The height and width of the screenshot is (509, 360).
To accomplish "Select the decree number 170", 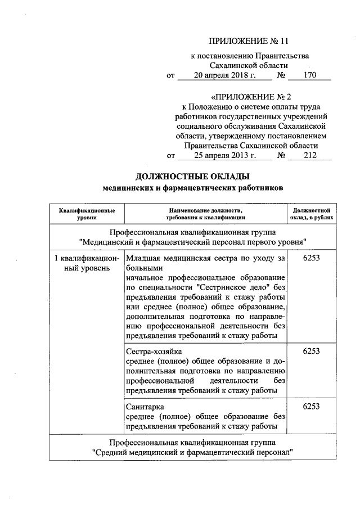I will click(x=310, y=75).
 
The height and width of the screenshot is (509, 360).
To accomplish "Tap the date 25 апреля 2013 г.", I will click(x=217, y=156).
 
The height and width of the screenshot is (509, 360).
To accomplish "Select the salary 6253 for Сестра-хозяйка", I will click(x=311, y=351).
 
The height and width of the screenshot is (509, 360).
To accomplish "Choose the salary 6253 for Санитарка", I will click(x=311, y=406).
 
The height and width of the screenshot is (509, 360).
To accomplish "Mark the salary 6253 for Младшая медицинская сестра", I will click(x=311, y=258).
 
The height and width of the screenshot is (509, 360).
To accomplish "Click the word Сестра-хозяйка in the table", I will click(x=145, y=352).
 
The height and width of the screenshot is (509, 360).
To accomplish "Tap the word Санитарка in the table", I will click(x=143, y=406).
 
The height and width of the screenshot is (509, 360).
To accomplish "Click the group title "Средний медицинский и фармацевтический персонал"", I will click(x=193, y=452).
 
